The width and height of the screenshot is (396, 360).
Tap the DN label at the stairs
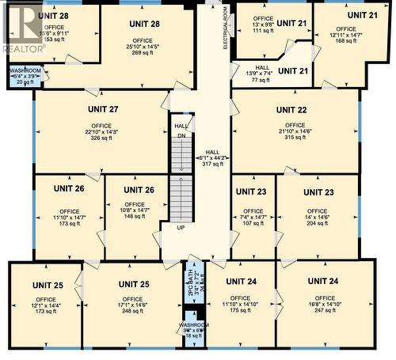[181, 135]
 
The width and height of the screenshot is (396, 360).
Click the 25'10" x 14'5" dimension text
[143, 47]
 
